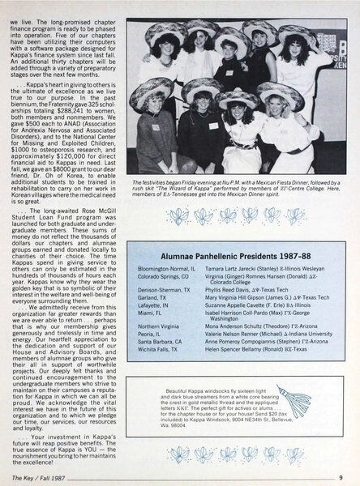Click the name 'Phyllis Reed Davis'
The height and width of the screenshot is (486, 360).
(232, 312)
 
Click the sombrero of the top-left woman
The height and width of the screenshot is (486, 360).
(164, 25)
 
